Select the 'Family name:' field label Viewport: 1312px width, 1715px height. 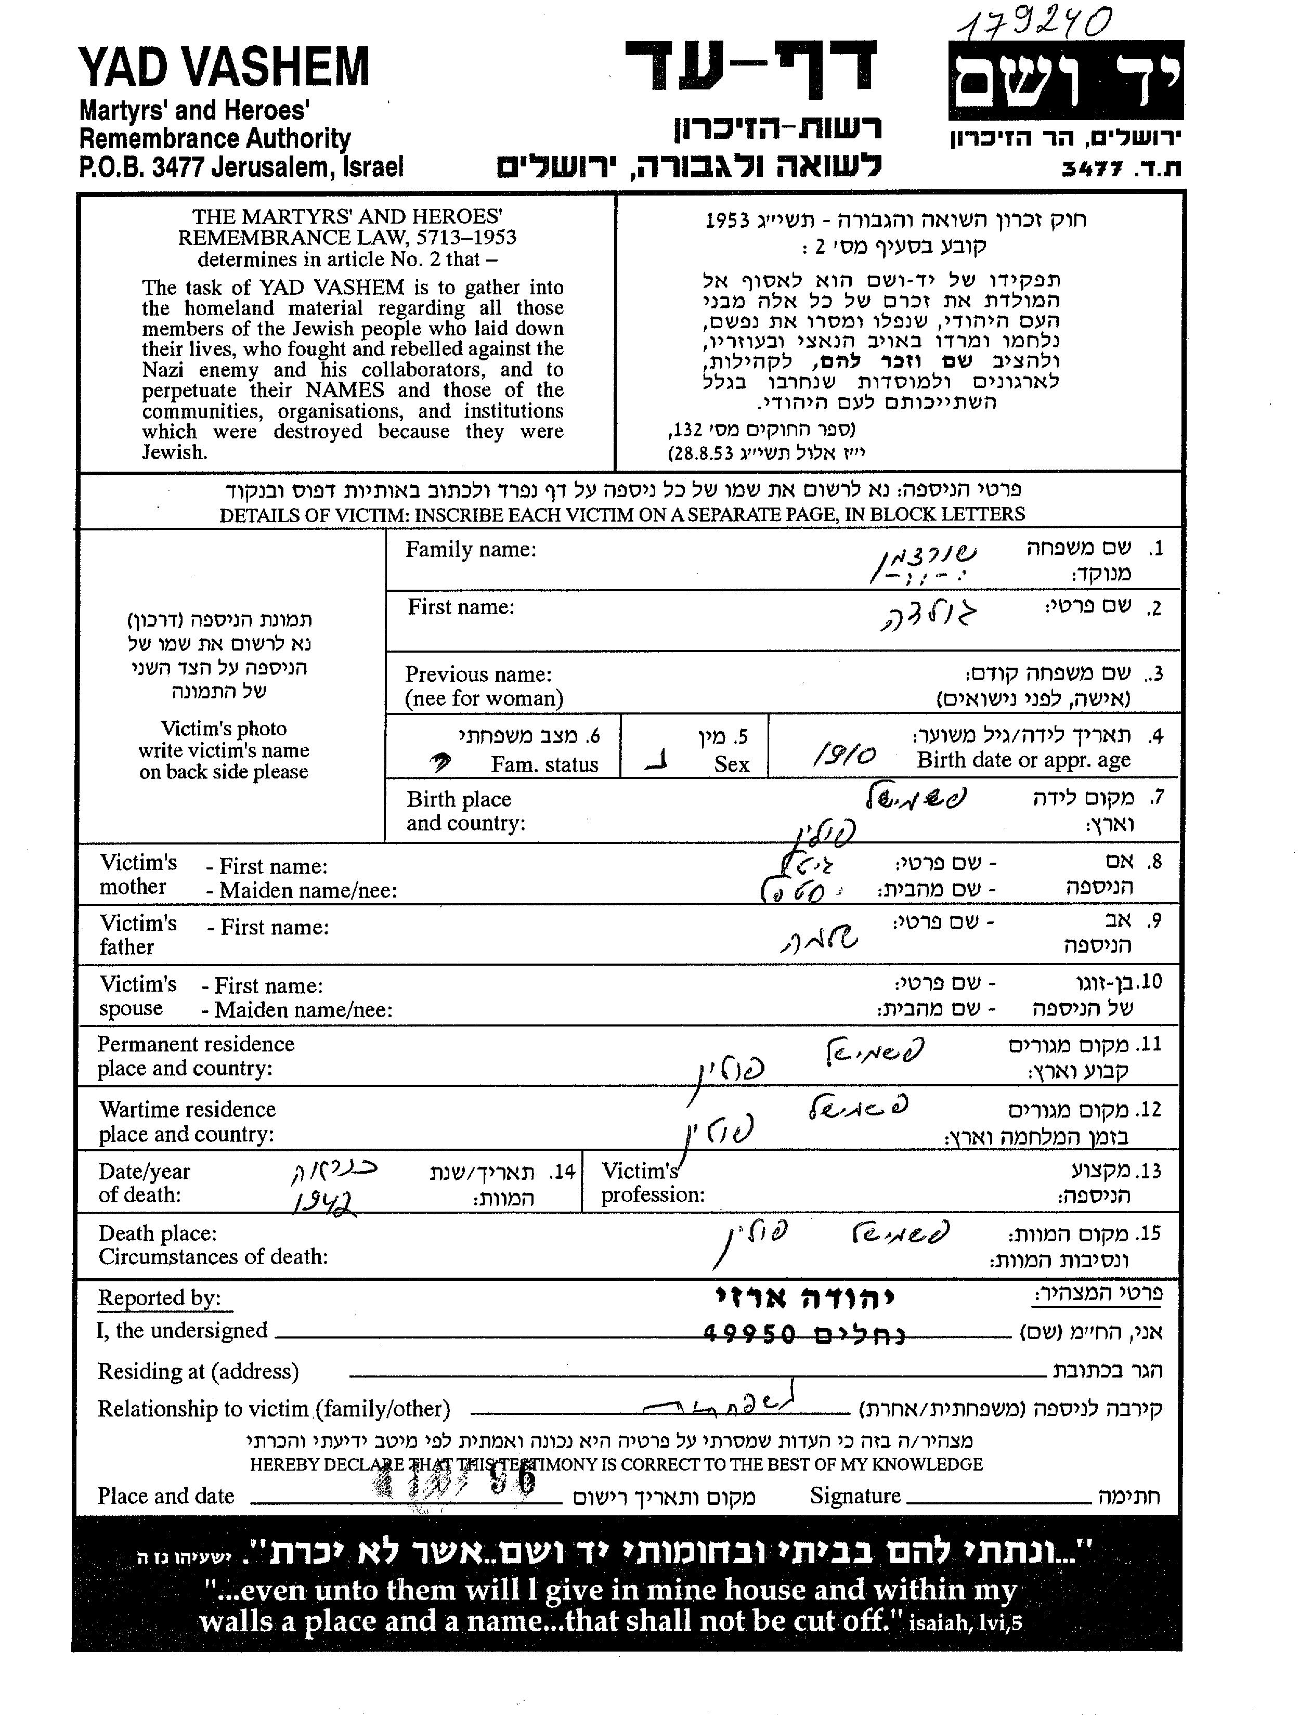click(x=470, y=550)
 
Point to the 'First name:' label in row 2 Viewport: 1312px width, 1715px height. click(x=461, y=607)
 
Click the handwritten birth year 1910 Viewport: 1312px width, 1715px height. click(x=844, y=755)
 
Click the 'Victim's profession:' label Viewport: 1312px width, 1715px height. click(x=652, y=1183)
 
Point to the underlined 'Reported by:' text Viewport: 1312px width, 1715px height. click(x=159, y=1298)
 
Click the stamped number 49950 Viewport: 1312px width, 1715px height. click(x=749, y=1333)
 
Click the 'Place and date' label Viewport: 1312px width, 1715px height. click(x=165, y=1496)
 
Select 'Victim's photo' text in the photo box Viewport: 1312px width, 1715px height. click(x=224, y=729)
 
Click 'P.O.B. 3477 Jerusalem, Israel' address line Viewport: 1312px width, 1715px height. click(x=241, y=167)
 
